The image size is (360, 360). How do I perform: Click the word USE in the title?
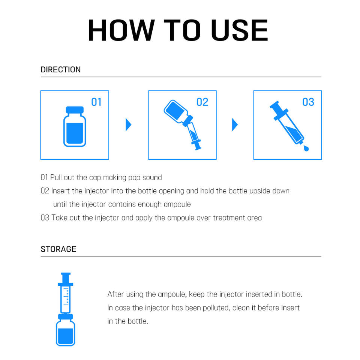tap(239, 30)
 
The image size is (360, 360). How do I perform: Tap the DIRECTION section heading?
tap(61, 70)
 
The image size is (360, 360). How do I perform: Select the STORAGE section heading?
tap(58, 249)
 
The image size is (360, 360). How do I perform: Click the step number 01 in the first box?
tap(96, 102)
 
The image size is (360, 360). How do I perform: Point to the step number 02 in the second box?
tap(202, 102)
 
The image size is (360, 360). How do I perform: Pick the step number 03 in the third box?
tap(308, 102)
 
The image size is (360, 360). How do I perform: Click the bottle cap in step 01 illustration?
tap(75, 110)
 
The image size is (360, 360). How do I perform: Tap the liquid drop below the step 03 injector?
tap(306, 148)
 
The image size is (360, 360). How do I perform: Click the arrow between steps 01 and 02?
tap(128, 124)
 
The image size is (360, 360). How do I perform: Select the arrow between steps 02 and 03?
tap(235, 124)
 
